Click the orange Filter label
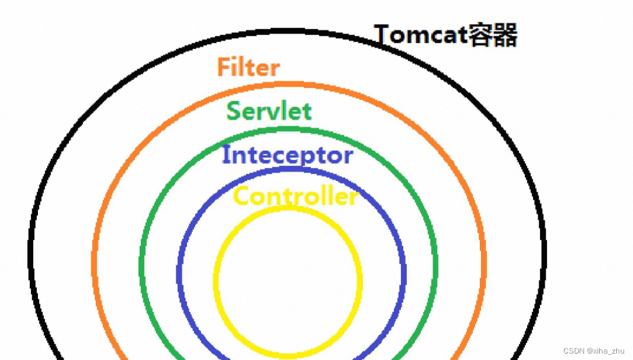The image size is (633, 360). [248, 67]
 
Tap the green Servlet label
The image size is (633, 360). [269, 110]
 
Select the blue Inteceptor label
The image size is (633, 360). [288, 155]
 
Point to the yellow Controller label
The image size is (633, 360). [295, 196]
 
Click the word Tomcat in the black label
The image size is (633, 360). [419, 35]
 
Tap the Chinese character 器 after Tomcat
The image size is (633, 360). [504, 35]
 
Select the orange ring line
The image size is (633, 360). [94, 257]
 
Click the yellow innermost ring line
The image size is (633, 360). [216, 281]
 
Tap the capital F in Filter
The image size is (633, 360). [223, 67]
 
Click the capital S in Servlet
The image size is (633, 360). [233, 110]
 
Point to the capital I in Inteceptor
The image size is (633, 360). [226, 155]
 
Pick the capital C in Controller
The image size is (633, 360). [242, 196]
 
